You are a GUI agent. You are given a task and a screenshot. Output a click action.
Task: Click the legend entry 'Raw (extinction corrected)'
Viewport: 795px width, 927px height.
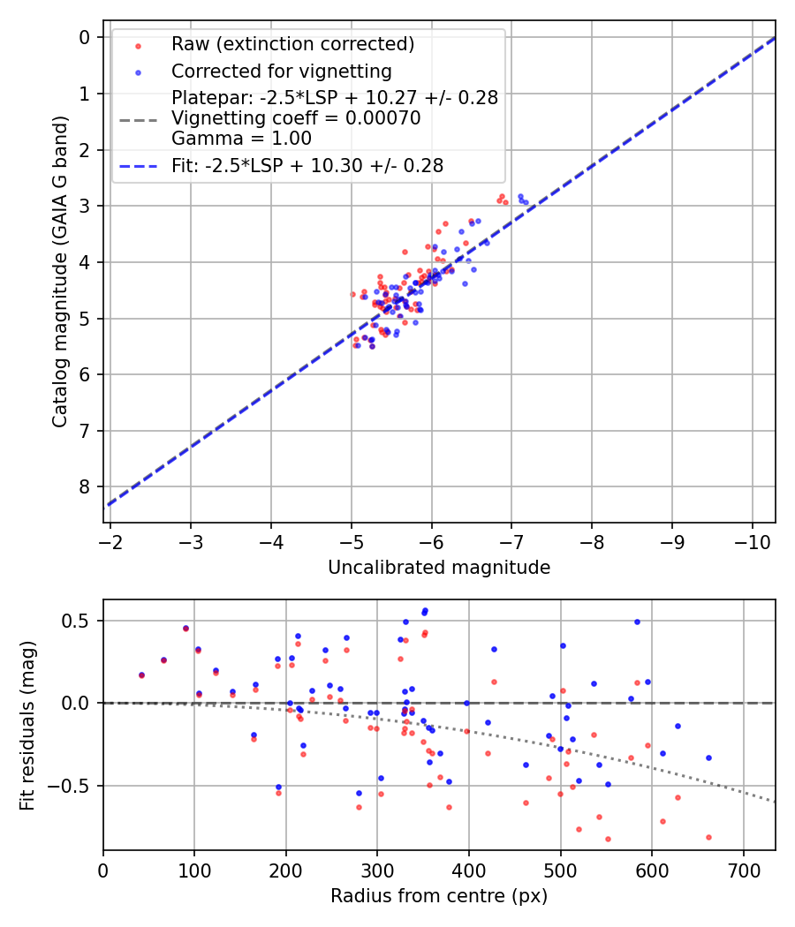tap(292, 44)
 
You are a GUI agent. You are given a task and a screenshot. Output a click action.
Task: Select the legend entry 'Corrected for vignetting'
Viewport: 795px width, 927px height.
tap(282, 71)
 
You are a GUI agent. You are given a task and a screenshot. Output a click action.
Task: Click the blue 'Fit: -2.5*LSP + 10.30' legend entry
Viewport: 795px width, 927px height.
tap(307, 165)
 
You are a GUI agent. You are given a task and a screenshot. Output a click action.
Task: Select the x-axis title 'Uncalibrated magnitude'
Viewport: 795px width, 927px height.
tap(439, 568)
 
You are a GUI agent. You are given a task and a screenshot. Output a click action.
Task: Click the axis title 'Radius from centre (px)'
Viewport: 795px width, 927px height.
tap(439, 896)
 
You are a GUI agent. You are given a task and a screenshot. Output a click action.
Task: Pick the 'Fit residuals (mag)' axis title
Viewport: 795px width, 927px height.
tap(27, 726)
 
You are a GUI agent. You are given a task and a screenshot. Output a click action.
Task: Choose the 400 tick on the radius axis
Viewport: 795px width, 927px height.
tap(469, 871)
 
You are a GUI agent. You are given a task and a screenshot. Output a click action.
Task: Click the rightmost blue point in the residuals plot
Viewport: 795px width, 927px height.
tap(708, 757)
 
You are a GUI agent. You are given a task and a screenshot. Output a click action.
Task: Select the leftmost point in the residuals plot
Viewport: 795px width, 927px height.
tap(141, 675)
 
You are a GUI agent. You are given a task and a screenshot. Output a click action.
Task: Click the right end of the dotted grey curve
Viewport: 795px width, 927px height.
tap(775, 801)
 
